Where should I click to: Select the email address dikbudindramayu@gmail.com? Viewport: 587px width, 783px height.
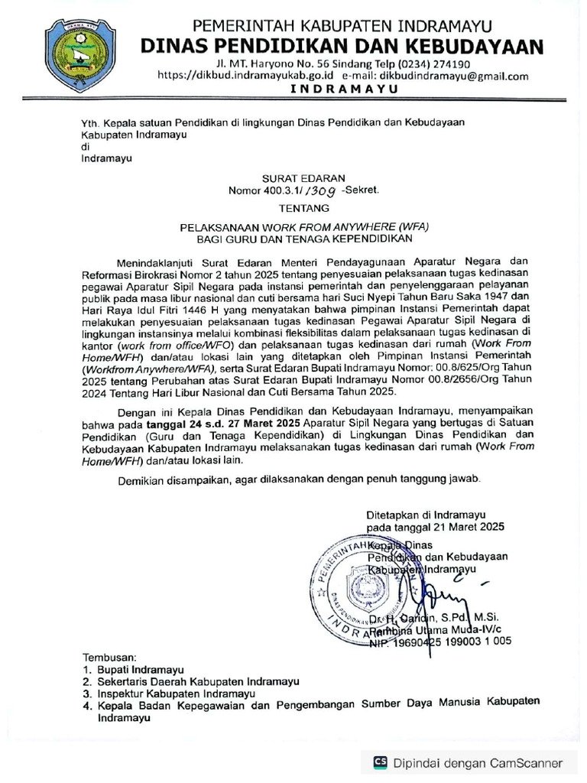(451, 76)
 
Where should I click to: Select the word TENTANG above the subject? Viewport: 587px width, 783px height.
(304, 208)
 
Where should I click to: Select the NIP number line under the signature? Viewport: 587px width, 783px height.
(440, 643)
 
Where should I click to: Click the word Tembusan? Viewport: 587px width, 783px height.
(109, 657)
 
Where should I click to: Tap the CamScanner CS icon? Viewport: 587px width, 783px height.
(380, 762)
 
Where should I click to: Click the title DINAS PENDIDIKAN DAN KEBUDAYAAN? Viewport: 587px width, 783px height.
(342, 47)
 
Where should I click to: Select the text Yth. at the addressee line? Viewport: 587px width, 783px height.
(91, 122)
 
